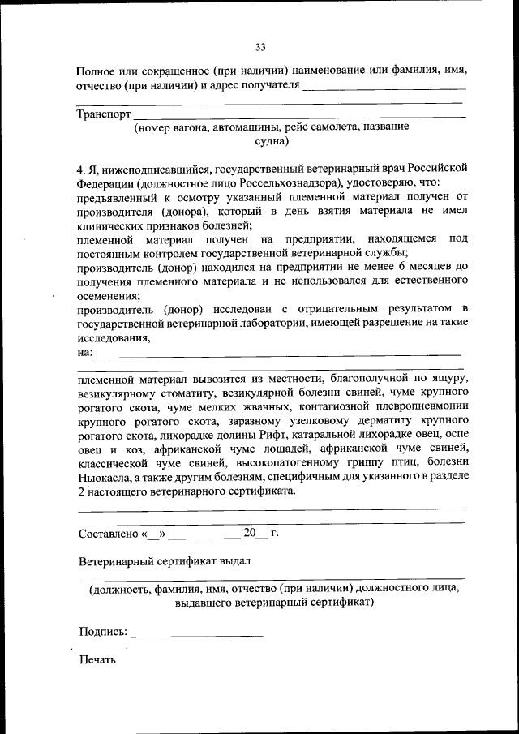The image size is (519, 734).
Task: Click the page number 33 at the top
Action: pos(259,46)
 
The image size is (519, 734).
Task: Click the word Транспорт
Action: pos(104,114)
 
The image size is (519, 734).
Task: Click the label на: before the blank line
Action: pos(84,352)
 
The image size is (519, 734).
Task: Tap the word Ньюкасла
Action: pos(103,478)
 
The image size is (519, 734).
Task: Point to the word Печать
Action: pos(97,659)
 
